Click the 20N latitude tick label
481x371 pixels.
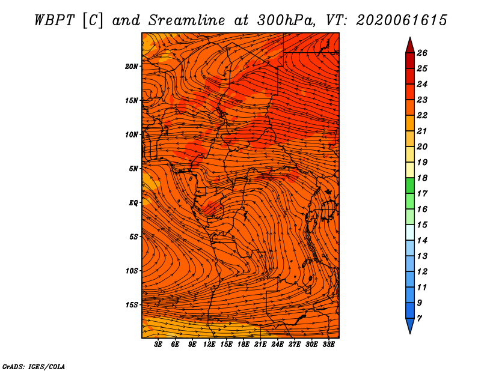[132, 67]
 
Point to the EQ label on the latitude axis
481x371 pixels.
[133, 203]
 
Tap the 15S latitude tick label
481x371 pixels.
[132, 305]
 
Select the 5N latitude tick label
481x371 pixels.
[133, 169]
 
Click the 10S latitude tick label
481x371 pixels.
[132, 271]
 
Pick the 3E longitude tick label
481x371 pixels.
[158, 345]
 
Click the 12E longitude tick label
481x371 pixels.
[209, 345]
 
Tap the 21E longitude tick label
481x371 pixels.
[260, 345]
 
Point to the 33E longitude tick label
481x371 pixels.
[328, 345]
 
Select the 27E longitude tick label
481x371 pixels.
[295, 345]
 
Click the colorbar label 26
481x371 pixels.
[422, 53]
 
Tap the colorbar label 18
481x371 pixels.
[422, 178]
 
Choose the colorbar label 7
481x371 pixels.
[419, 319]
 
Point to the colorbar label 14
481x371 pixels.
[422, 241]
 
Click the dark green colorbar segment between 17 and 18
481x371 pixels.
[410, 185]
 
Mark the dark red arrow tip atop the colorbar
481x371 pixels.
[410, 37]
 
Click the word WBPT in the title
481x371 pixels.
[54, 20]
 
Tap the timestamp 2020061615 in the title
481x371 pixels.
[402, 20]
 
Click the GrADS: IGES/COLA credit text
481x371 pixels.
[34, 366]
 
